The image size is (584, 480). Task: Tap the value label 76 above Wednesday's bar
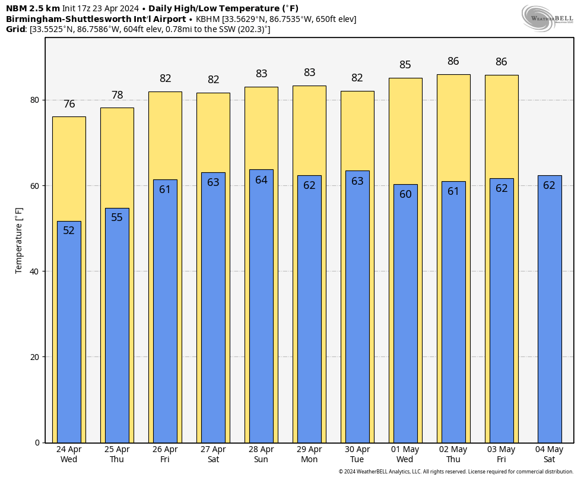click(x=69, y=104)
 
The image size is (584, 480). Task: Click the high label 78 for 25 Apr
click(x=117, y=95)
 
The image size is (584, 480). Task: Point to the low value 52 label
click(x=69, y=230)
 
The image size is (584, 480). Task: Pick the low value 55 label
click(x=117, y=217)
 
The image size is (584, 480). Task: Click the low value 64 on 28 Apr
click(x=261, y=180)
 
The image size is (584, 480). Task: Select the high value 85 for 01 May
click(x=405, y=65)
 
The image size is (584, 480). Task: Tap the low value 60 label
click(x=405, y=194)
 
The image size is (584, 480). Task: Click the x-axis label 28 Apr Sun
click(x=261, y=454)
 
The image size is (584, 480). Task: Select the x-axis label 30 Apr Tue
click(x=357, y=454)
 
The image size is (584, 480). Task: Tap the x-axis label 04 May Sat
click(x=549, y=454)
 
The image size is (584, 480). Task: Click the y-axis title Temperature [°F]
click(x=19, y=241)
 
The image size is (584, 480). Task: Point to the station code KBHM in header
click(x=208, y=19)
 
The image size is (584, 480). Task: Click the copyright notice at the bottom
click(x=456, y=472)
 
